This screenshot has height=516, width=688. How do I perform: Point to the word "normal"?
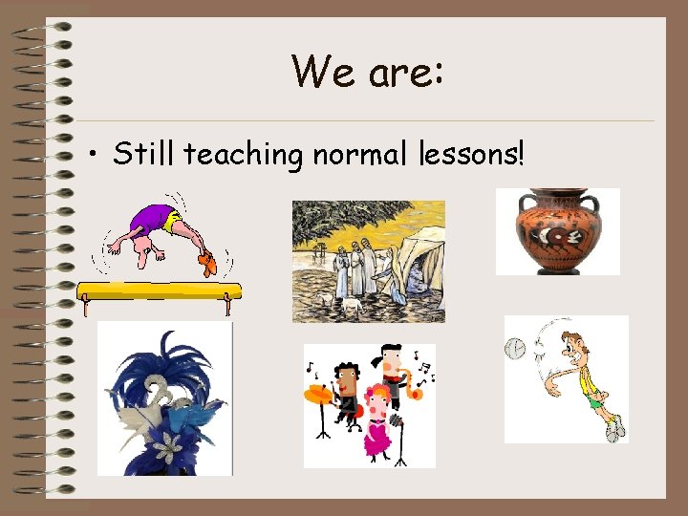point(357,153)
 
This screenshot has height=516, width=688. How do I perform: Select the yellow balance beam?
point(157,290)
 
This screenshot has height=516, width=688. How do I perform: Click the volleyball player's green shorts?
point(596,402)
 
